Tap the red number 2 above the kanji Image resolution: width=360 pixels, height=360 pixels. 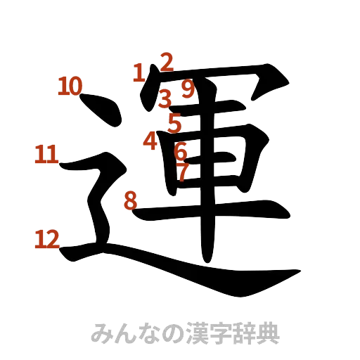(166, 62)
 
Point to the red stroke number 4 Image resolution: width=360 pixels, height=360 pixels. (149, 141)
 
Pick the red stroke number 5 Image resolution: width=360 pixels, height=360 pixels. (174, 123)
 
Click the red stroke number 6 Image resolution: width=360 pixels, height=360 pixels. (180, 150)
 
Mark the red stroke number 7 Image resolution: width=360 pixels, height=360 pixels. (183, 171)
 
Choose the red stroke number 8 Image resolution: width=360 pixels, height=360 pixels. (130, 200)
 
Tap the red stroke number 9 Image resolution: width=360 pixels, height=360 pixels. (187, 89)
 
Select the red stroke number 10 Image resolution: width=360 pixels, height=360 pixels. (70, 86)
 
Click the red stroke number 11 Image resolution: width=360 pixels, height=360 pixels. (46, 154)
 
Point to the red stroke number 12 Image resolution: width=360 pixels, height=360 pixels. (46, 240)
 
